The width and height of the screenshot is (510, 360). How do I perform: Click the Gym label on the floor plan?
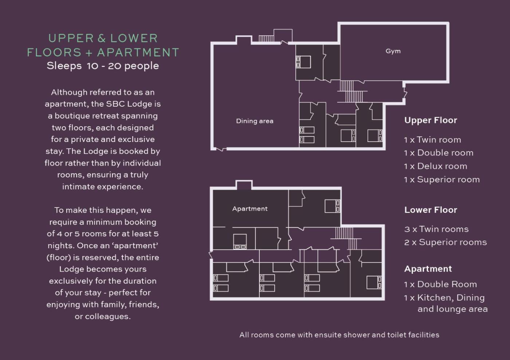click(393, 51)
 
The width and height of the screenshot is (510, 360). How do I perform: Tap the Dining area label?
click(255, 121)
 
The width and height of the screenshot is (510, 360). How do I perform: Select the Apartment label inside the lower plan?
click(250, 209)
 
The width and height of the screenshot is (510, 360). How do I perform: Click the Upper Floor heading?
click(431, 120)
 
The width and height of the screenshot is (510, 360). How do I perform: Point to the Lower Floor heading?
click(431, 210)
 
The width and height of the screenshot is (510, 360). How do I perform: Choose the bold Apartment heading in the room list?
click(428, 269)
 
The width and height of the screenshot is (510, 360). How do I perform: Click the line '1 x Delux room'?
click(436, 166)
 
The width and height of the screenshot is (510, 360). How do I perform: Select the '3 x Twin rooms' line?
click(436, 229)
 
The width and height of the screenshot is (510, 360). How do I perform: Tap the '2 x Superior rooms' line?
click(446, 242)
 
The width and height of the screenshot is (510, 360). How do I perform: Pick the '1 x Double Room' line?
click(440, 284)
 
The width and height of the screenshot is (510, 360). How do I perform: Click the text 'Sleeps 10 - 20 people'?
click(103, 66)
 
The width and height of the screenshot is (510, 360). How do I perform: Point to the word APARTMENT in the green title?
click(138, 52)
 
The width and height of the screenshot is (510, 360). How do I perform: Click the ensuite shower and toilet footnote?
click(339, 335)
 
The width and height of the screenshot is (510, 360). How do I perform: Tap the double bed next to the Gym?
click(303, 62)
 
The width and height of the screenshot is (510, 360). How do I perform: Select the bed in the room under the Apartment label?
click(240, 241)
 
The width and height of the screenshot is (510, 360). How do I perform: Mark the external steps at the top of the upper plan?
click(266, 39)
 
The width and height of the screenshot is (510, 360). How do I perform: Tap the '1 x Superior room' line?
click(442, 180)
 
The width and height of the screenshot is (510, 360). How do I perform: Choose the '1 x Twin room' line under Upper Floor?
click(433, 140)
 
